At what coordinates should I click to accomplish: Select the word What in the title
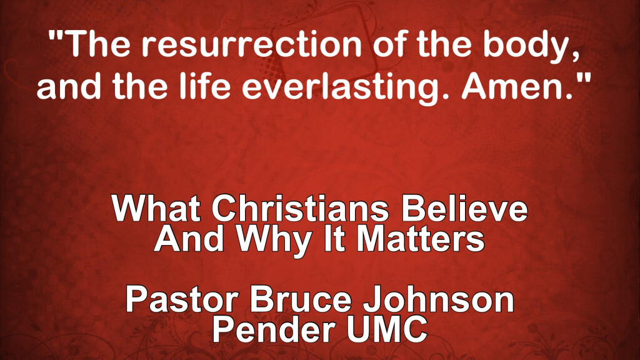point(156,208)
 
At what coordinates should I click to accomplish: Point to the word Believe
point(464,208)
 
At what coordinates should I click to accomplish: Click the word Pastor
point(182,299)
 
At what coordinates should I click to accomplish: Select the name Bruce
point(301,299)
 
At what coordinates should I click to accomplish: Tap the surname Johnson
point(438,299)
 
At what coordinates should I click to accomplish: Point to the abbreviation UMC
point(387,330)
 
